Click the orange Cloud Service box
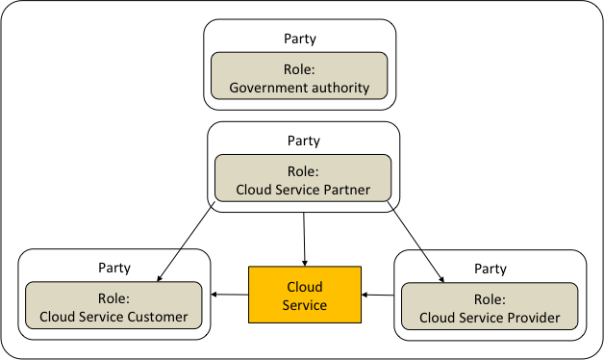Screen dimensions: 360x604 (x=305, y=295)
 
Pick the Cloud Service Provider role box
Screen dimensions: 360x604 (x=490, y=307)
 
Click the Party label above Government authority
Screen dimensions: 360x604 (x=299, y=39)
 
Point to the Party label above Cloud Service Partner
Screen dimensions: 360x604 (x=303, y=141)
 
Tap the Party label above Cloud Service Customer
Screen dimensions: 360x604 (x=113, y=268)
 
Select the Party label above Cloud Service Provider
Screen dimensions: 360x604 (x=490, y=269)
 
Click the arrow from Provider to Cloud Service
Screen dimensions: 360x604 (x=378, y=295)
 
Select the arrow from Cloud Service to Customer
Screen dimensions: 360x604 (x=230, y=295)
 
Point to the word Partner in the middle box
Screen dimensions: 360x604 (x=345, y=190)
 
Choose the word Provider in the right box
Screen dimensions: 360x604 (x=533, y=317)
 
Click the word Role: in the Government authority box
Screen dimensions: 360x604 (x=299, y=69)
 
